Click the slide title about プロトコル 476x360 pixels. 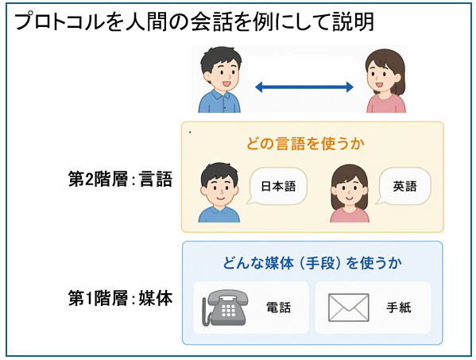click(x=194, y=21)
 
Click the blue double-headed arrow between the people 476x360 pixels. click(x=304, y=87)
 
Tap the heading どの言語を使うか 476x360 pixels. click(x=305, y=143)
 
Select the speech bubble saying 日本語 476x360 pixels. click(x=277, y=187)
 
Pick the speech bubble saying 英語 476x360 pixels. click(x=404, y=187)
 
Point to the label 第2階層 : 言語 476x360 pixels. click(x=121, y=179)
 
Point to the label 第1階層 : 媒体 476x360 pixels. click(x=121, y=298)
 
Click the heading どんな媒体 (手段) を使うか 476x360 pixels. click(x=312, y=263)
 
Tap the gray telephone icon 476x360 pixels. click(x=225, y=308)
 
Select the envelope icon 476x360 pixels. click(x=349, y=308)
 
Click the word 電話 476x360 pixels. click(x=279, y=308)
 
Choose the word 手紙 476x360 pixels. click(x=399, y=308)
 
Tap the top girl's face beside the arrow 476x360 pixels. click(x=381, y=76)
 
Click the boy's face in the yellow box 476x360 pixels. click(x=219, y=190)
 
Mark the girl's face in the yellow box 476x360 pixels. click(x=349, y=192)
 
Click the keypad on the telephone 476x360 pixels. click(x=228, y=310)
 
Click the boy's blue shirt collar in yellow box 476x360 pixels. click(x=219, y=210)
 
